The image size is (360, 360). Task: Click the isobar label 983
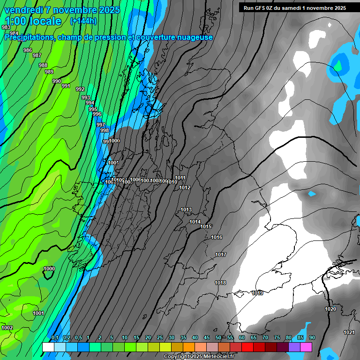[x=6, y=28]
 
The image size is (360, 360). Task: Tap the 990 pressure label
[x=57, y=81]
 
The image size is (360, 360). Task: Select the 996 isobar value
[x=97, y=114]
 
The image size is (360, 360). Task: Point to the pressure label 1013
[x=186, y=210]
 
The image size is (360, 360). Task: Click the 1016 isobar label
[x=217, y=237]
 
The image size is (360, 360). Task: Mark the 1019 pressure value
[x=257, y=293]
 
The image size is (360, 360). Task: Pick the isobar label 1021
[x=349, y=332]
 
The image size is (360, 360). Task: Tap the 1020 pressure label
[x=330, y=309]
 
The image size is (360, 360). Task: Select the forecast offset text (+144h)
[x=83, y=21]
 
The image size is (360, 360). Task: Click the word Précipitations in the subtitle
[x=30, y=37]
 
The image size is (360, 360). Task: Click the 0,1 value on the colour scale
[x=55, y=338]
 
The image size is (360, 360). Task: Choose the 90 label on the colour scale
[x=312, y=338]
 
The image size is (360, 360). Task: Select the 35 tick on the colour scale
[x=183, y=338]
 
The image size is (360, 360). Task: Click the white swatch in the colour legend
[x=48, y=347]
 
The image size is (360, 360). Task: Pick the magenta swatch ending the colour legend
[x=306, y=347]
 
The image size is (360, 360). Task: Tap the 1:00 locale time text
[x=33, y=21]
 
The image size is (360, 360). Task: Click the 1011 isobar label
[x=180, y=178]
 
